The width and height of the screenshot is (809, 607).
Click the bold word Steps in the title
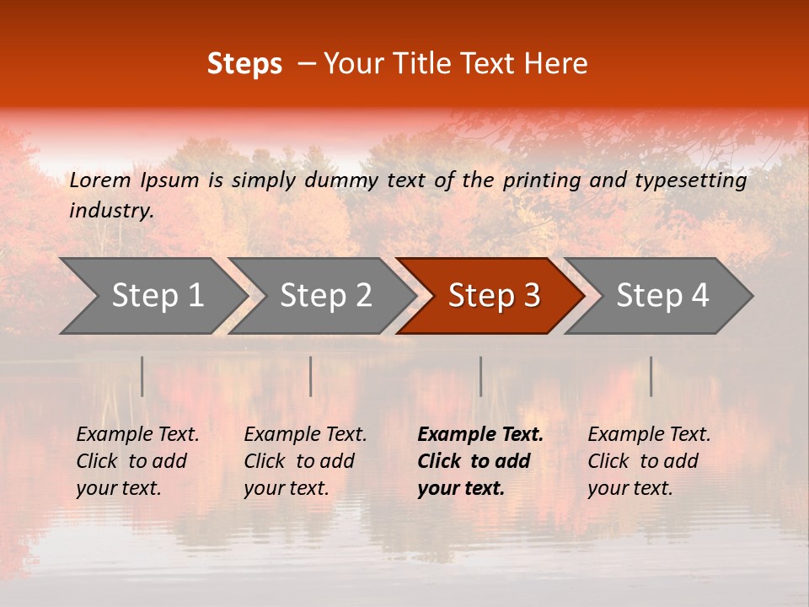click(244, 64)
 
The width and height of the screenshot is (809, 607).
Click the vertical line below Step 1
click(142, 376)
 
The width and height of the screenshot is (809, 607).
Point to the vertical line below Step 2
click(311, 376)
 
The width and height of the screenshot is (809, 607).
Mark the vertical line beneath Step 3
click(480, 376)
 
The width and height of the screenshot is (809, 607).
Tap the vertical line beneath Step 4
click(651, 376)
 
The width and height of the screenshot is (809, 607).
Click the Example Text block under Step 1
click(137, 461)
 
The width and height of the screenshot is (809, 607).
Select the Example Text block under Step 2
click(305, 461)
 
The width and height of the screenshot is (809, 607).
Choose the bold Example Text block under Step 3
click(480, 461)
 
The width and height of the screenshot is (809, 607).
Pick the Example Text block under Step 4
click(649, 461)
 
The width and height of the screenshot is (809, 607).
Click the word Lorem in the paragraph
click(99, 180)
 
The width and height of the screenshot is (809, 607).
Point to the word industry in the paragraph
click(111, 211)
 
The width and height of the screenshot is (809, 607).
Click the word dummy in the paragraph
click(342, 180)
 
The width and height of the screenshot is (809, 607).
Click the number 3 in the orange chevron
click(531, 296)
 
